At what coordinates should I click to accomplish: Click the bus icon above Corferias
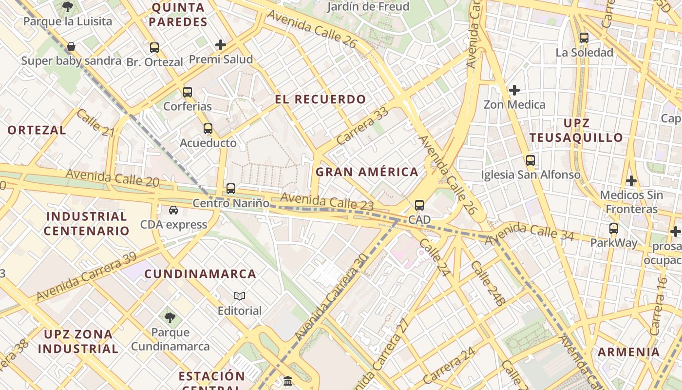[188, 92]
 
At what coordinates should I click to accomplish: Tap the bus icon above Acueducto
[208, 129]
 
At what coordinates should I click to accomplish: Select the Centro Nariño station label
[231, 203]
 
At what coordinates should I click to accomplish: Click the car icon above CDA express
[173, 210]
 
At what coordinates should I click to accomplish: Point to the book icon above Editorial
[240, 296]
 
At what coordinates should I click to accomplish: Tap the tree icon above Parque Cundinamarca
[170, 318]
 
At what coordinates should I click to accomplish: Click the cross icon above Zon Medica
[514, 90]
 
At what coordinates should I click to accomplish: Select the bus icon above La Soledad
[584, 38]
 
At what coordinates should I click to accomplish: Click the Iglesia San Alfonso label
[530, 175]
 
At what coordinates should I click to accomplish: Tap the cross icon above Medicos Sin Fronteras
[631, 181]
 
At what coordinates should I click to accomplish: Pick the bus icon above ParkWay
[614, 228]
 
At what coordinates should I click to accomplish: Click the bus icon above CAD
[419, 205]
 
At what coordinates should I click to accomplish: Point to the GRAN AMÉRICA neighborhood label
[367, 172]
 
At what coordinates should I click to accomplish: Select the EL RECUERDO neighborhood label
[320, 99]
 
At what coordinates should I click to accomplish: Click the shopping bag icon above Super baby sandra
[71, 46]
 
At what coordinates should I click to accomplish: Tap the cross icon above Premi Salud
[221, 45]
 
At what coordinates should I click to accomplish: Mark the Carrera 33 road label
[362, 126]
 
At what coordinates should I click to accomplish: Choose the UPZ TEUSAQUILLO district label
[576, 130]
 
